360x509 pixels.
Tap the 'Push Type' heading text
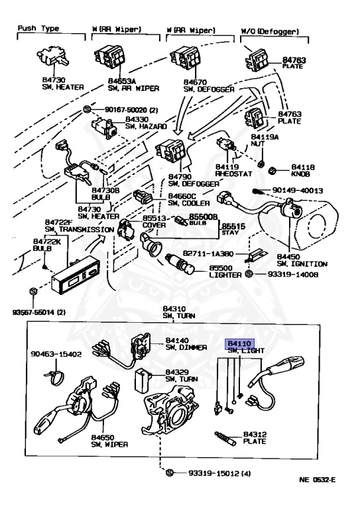(38, 30)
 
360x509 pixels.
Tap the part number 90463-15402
(55, 355)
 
